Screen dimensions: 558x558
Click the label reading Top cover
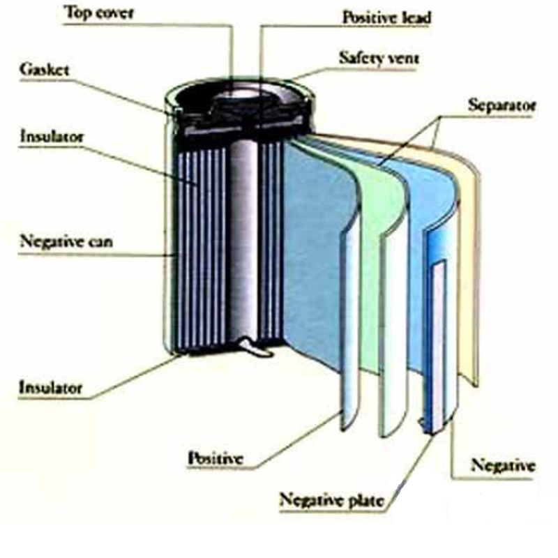[x=100, y=12]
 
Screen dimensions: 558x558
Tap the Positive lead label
[x=386, y=17]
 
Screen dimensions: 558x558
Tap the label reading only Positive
[x=214, y=458]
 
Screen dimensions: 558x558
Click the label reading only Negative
[x=503, y=465]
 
